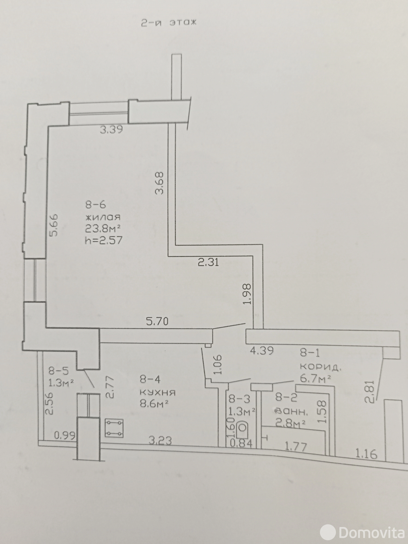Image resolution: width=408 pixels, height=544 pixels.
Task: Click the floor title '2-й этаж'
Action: pos(169,23)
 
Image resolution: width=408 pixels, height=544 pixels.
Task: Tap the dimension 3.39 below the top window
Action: pos(112,130)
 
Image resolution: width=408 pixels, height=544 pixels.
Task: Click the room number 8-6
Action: pos(96,205)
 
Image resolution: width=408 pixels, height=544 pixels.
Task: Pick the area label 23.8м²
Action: pos(103,228)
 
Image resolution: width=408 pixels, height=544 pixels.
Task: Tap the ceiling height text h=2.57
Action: pos(104,240)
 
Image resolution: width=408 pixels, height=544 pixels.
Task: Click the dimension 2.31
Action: pos(208,262)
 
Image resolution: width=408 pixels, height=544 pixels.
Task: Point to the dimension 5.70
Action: pos(157,321)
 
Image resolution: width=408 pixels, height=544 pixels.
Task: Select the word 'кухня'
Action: pos(158,393)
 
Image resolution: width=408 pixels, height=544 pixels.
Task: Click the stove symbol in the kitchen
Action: pos(114,428)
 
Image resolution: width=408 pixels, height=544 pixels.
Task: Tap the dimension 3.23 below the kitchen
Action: pos(160,440)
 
